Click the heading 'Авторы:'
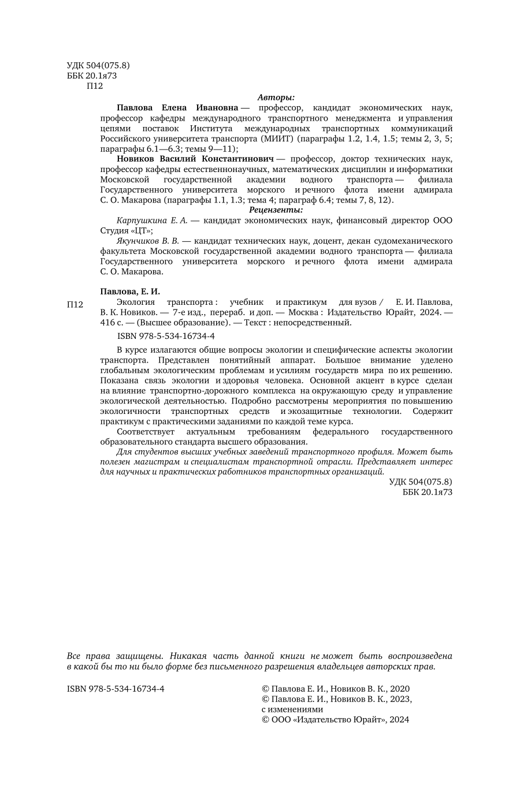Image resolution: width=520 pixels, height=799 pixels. point(276,97)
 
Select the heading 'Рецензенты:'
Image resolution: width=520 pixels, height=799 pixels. point(276,210)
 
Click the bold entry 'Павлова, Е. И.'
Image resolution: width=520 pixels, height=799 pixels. point(129,292)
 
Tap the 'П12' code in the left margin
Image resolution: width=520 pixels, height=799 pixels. point(76,305)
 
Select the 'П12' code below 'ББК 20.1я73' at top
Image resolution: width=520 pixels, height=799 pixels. point(94,86)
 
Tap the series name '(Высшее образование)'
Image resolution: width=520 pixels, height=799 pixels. point(179,323)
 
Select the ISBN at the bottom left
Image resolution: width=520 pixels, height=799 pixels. point(116,689)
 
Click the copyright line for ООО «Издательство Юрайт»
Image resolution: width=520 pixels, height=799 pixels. point(335,720)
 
